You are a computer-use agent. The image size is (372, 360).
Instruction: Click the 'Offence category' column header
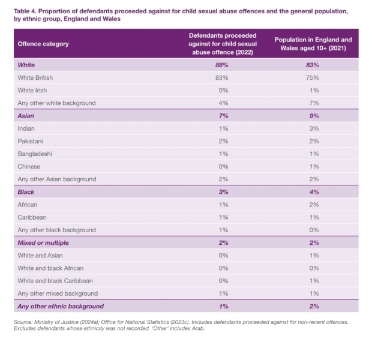pyautogui.click(x=43, y=44)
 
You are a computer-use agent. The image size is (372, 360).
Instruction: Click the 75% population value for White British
pyautogui.click(x=314, y=77)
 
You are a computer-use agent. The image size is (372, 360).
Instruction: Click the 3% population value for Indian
pyautogui.click(x=314, y=128)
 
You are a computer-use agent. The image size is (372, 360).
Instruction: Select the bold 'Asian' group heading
pyautogui.click(x=26, y=116)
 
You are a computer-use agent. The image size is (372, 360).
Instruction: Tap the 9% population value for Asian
pyautogui.click(x=314, y=116)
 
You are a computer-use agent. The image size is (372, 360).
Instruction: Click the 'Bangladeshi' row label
pyautogui.click(x=35, y=154)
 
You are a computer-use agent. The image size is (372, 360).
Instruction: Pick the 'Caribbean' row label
pyautogui.click(x=32, y=217)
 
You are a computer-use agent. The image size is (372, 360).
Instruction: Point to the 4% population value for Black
pyautogui.click(x=314, y=192)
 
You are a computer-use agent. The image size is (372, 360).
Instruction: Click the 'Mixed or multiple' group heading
pyautogui.click(x=43, y=243)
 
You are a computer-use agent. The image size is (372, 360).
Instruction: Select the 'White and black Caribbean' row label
pyautogui.click(x=55, y=281)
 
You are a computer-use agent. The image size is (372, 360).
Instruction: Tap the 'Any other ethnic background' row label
pyautogui.click(x=61, y=307)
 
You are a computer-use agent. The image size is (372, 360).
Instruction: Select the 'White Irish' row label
pyautogui.click(x=34, y=90)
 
